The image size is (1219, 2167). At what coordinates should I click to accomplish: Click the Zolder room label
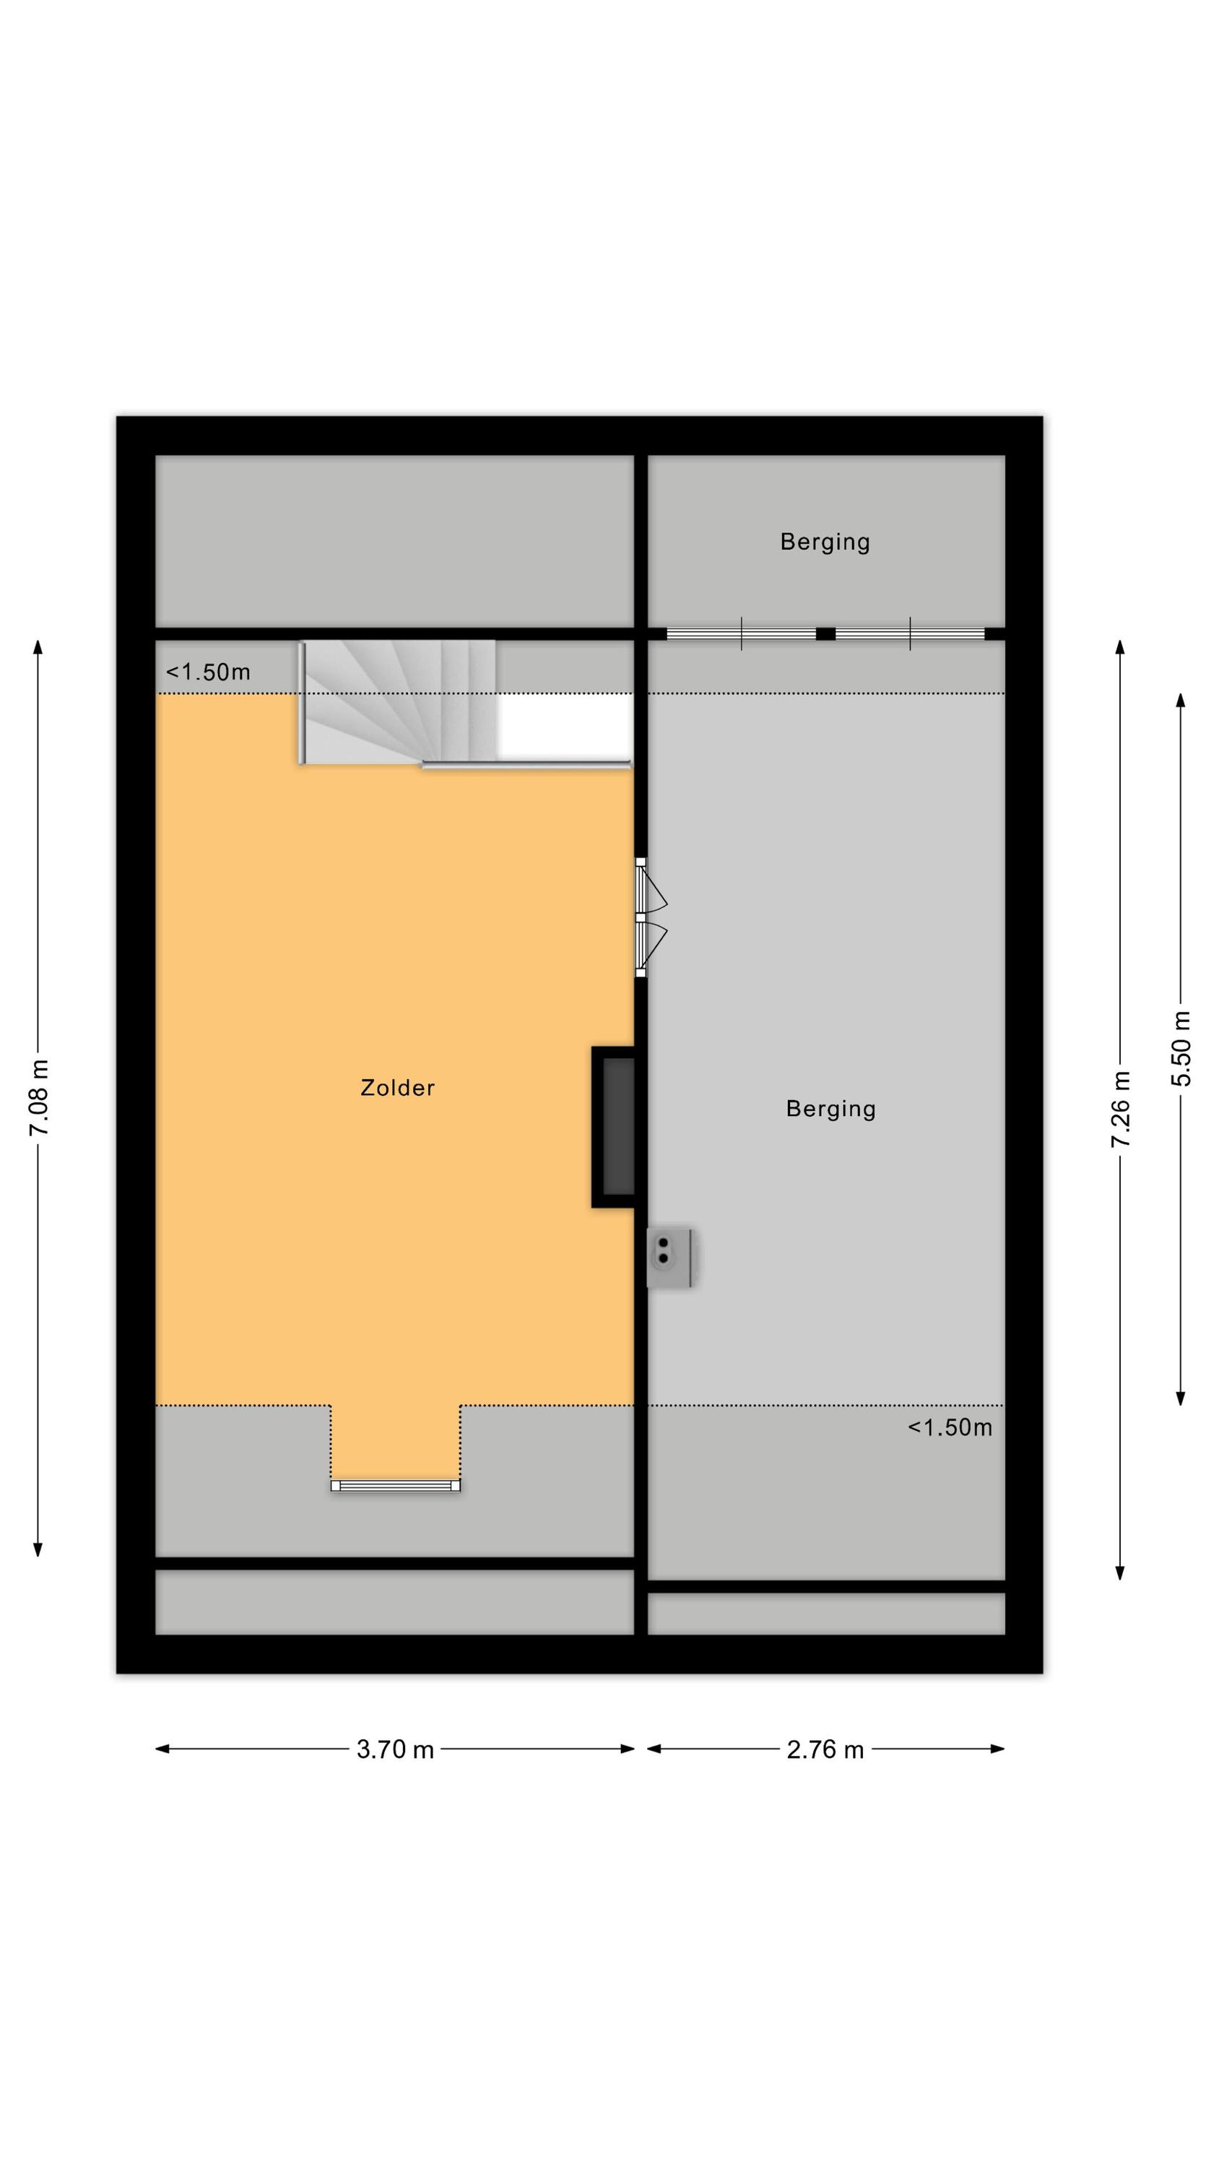click(397, 1088)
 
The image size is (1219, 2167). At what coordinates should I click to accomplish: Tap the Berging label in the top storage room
click(825, 542)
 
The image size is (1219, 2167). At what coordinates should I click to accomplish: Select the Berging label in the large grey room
click(830, 1109)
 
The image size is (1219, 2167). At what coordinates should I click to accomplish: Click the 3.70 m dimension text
click(394, 1749)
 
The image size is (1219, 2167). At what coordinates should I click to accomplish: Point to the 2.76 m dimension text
click(825, 1749)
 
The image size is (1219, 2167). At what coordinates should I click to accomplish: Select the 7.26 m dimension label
click(1120, 1110)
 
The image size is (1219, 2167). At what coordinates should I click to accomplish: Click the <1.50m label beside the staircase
click(208, 672)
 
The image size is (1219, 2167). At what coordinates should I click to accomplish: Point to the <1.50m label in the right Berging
click(950, 1427)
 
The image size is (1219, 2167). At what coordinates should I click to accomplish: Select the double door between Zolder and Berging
click(649, 917)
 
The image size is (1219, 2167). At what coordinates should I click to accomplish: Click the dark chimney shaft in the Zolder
click(613, 1128)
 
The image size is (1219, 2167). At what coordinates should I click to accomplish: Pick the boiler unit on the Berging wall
click(669, 1258)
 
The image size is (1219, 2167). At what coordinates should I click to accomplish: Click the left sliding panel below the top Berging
click(741, 633)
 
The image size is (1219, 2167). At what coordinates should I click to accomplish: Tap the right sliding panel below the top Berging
click(910, 633)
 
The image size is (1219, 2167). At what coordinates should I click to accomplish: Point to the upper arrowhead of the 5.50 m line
click(1180, 700)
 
